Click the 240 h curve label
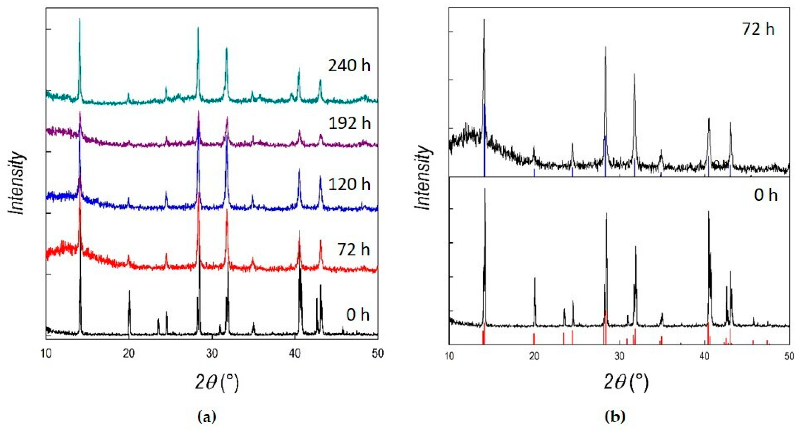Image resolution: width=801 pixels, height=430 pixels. (x=349, y=66)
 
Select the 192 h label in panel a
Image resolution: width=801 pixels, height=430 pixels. (x=350, y=124)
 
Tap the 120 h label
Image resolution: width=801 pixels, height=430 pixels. (x=350, y=184)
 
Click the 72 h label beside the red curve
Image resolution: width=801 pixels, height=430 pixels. (x=353, y=250)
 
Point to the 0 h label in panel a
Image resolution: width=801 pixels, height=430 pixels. (x=358, y=315)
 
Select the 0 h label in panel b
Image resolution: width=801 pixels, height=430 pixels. (x=766, y=195)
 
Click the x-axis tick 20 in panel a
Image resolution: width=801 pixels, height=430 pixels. (x=129, y=354)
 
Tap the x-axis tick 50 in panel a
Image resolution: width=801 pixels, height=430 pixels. (x=378, y=354)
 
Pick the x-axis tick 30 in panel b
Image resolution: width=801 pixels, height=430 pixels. (x=619, y=356)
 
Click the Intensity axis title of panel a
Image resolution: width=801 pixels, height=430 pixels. (x=17, y=183)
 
